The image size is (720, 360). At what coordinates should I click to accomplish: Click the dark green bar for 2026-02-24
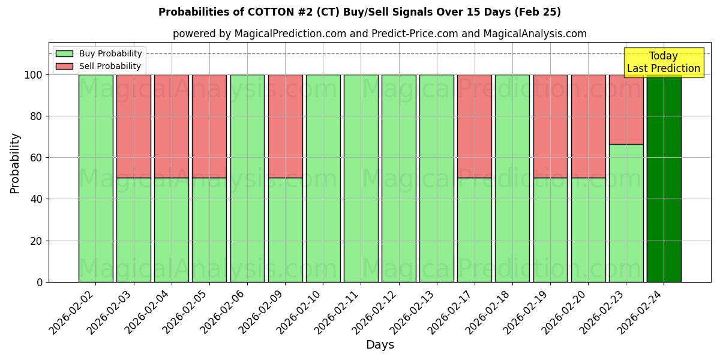pyautogui.click(x=664, y=178)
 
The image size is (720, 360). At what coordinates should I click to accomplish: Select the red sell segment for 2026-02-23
pyautogui.click(x=626, y=109)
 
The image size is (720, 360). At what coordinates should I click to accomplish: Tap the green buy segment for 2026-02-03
pyautogui.click(x=133, y=230)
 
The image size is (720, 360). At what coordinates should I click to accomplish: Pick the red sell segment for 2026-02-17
pyautogui.click(x=474, y=126)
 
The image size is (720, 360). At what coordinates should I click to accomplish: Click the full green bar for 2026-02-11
pyautogui.click(x=361, y=178)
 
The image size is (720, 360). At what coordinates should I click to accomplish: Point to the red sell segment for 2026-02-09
pyautogui.click(x=285, y=126)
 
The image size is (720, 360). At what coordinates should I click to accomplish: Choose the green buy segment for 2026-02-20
pyautogui.click(x=588, y=230)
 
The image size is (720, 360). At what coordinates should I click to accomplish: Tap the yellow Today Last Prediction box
pyautogui.click(x=663, y=62)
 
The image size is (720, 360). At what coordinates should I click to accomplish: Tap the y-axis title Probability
pyautogui.click(x=16, y=163)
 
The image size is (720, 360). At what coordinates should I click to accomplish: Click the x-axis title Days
pyautogui.click(x=380, y=345)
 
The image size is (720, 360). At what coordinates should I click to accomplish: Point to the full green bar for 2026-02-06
pyautogui.click(x=247, y=178)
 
